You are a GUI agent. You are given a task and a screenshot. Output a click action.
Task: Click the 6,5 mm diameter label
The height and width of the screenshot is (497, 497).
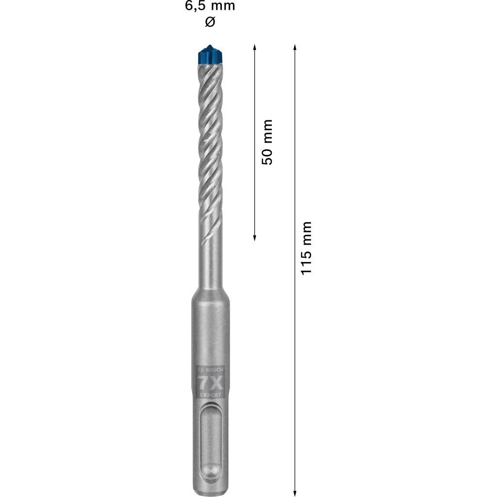click(x=210, y=6)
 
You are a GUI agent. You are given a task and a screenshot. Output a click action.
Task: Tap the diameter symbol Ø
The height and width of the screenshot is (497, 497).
click(x=210, y=22)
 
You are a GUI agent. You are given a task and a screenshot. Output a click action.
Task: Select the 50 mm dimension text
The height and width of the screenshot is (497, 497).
click(x=267, y=142)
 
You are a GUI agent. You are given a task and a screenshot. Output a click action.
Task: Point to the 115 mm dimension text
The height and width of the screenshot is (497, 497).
click(x=307, y=248)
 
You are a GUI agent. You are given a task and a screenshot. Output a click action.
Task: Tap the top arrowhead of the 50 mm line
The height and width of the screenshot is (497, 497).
click(x=254, y=47)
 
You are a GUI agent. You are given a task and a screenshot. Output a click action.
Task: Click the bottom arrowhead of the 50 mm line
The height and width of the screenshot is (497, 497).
click(x=254, y=238)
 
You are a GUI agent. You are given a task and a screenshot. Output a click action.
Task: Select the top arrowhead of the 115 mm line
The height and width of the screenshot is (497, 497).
click(x=295, y=47)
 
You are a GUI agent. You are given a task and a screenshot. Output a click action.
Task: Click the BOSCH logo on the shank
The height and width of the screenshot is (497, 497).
click(x=210, y=370)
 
